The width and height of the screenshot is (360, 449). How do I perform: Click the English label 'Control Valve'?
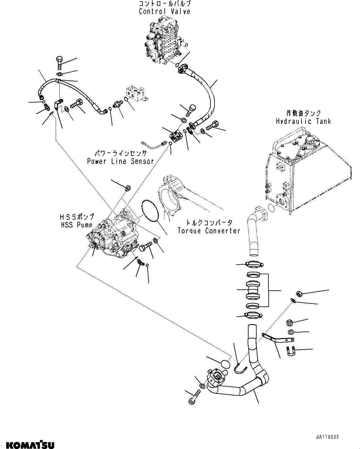point(164,12)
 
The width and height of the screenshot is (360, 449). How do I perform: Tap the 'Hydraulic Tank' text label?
point(303,121)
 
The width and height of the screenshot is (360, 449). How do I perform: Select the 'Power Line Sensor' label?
point(120,161)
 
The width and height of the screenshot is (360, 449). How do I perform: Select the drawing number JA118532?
point(327,437)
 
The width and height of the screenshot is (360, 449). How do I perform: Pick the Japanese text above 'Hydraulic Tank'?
point(303,113)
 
